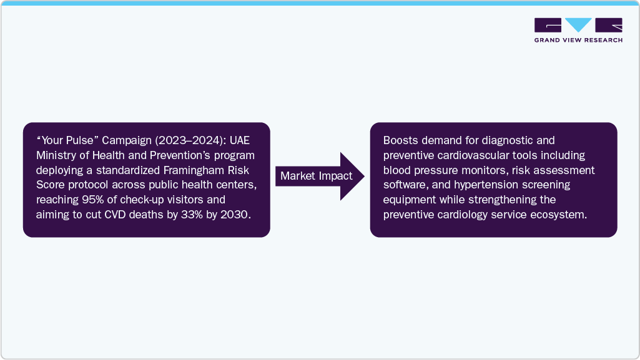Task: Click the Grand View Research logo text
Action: click(578, 40)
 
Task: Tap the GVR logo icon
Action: click(578, 25)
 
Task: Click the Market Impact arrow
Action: click(317, 176)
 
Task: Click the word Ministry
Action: click(56, 155)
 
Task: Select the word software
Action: click(404, 185)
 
